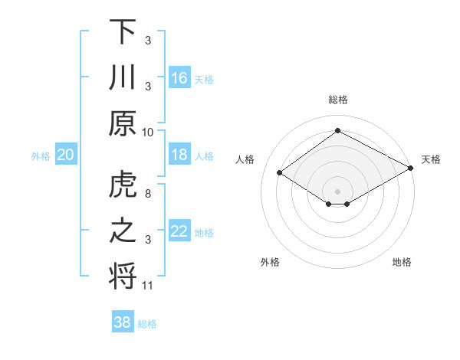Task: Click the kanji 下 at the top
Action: [x=123, y=33]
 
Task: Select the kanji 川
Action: [x=123, y=78]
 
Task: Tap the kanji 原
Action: [x=123, y=123]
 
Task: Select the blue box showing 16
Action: [x=179, y=78]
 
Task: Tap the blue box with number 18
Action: [x=179, y=155]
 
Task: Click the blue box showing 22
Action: [x=179, y=232]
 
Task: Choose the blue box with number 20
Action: [x=65, y=155]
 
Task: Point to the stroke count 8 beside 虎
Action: [x=148, y=195]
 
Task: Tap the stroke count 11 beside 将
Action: [x=148, y=286]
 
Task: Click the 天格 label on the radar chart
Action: [x=431, y=159]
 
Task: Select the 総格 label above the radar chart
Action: [x=337, y=100]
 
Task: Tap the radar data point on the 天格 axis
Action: [x=412, y=169]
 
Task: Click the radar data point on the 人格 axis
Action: [x=280, y=173]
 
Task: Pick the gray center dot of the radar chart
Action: [x=337, y=190]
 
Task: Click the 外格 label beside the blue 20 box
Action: [x=41, y=156]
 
